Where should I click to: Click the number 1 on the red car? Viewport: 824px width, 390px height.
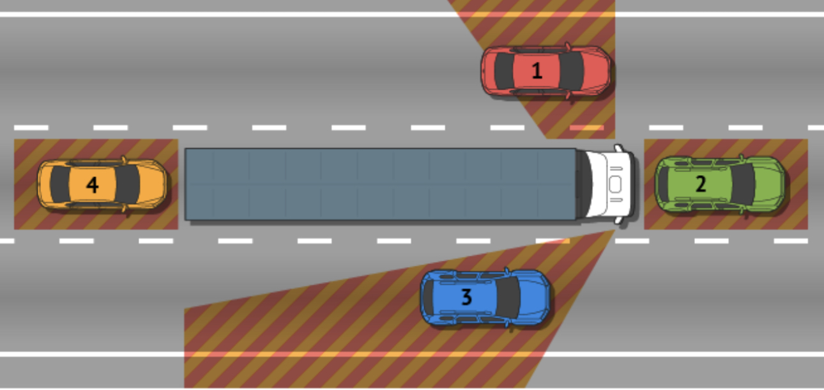point(537,70)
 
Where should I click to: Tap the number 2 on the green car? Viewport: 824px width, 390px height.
point(701,183)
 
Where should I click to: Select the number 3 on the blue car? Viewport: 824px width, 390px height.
point(466,297)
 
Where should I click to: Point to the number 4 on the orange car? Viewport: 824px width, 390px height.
point(93,185)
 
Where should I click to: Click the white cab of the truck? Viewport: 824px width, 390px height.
point(609,184)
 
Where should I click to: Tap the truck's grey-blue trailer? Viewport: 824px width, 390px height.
point(380,184)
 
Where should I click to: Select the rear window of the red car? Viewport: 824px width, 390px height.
point(504,71)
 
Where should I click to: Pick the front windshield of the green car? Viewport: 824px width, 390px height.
point(743,184)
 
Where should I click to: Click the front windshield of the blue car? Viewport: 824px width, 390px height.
point(508,297)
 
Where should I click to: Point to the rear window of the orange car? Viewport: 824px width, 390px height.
point(60,184)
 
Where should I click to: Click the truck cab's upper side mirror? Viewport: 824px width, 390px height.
point(619,148)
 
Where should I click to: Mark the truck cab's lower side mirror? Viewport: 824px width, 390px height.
point(619,220)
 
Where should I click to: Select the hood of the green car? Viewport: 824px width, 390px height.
point(770,184)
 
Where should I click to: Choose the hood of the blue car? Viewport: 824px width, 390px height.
point(535,297)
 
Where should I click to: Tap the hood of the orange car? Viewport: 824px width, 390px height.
point(153,184)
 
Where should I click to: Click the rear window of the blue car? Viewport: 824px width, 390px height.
point(428,297)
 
